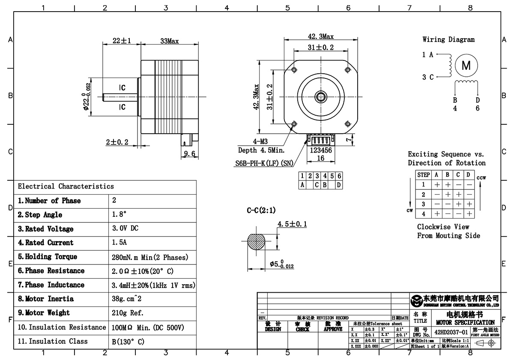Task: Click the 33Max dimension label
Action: [x=169, y=41]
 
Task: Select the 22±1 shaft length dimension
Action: [x=121, y=41]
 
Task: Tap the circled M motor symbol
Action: [x=466, y=66]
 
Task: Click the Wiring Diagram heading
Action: [x=448, y=39]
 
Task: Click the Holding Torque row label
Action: [x=48, y=257]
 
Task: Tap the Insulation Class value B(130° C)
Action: [x=128, y=342]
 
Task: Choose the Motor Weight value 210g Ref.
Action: [x=128, y=313]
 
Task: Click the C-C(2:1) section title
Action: [x=261, y=210]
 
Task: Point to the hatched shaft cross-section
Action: [x=257, y=242]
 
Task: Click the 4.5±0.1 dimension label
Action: [x=292, y=224]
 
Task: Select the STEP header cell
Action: [x=423, y=175]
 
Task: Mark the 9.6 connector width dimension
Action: [x=189, y=153]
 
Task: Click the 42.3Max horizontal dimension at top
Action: [x=321, y=36]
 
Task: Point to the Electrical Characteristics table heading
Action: [x=66, y=186]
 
